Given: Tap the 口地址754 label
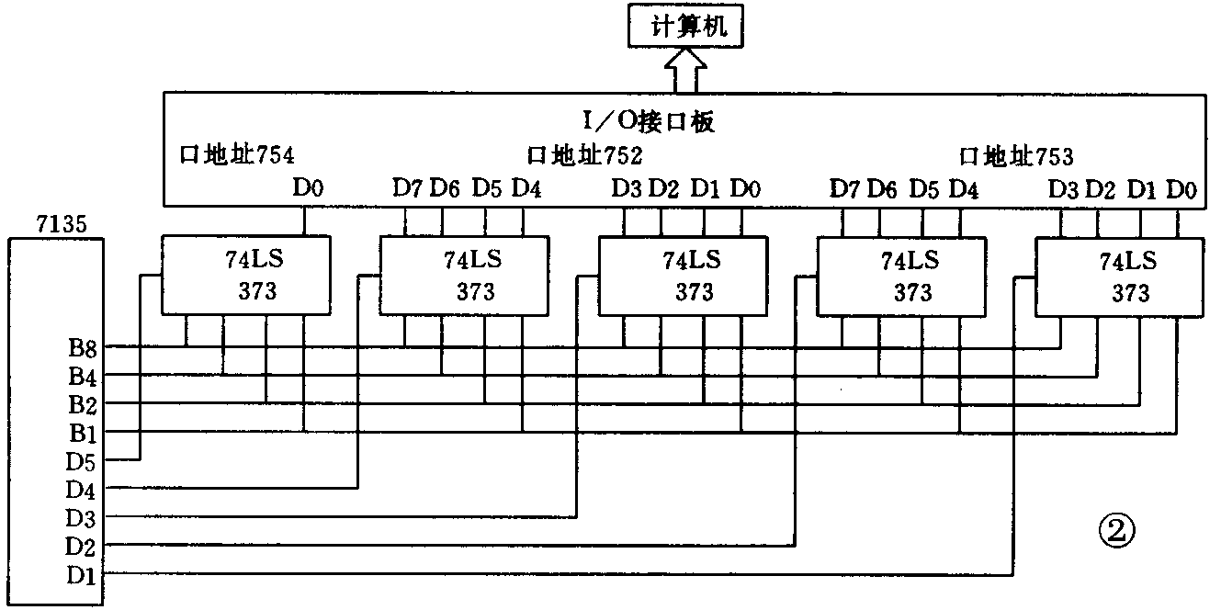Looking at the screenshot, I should [236, 154].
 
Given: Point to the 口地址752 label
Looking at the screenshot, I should [584, 154].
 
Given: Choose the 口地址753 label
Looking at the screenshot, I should [1015, 154].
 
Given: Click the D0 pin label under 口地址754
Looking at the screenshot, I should [308, 188].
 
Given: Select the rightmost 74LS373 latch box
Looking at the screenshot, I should [1120, 277].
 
